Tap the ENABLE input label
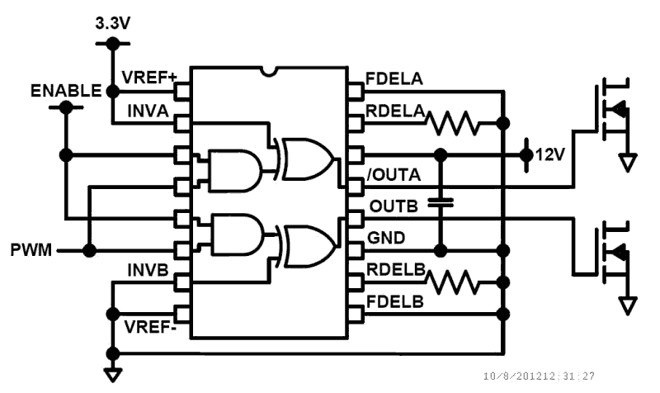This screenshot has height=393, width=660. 65,89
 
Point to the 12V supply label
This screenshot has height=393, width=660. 549,154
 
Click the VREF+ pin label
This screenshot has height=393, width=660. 149,78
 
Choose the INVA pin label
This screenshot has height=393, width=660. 148,110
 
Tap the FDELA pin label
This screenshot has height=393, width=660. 395,80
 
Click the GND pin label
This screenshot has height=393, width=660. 385,237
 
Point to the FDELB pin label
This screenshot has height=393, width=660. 395,302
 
